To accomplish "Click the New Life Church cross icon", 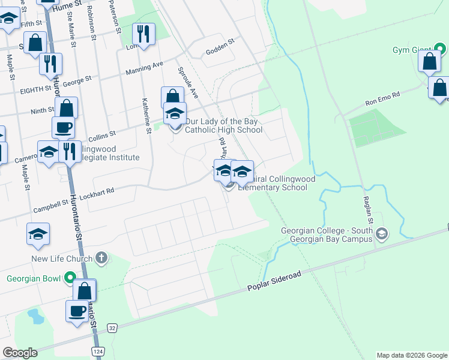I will coord(101,259).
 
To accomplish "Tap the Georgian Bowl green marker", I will coord(71,278).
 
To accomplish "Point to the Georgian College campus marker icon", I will coord(383,234).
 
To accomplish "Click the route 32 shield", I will coord(112,328).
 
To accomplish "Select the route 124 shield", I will coord(97,350).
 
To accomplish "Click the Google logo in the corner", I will coord(20,352).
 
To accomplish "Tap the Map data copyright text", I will coord(411,355).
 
